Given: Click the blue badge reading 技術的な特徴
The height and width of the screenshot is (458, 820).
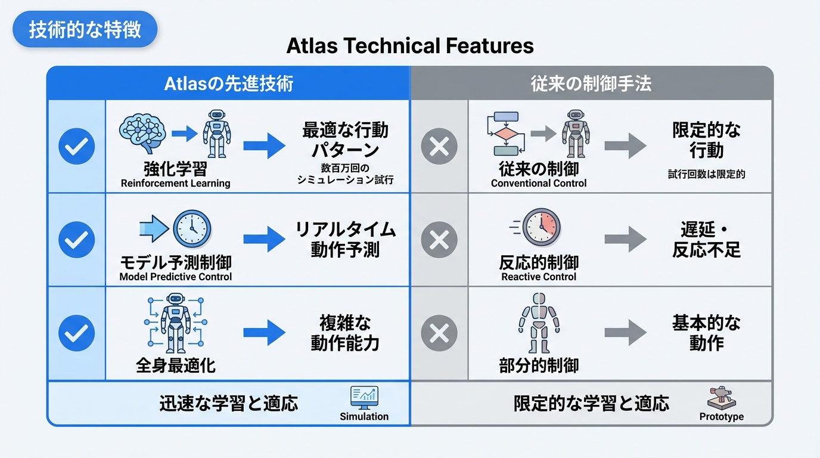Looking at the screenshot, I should tap(85, 29).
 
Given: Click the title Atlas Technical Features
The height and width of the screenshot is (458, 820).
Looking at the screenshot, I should tap(410, 46).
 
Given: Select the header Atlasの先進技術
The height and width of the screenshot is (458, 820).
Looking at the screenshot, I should tap(228, 83).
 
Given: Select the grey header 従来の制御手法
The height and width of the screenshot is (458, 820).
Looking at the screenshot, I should tap(591, 83).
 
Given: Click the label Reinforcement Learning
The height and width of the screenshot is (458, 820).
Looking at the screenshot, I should tap(175, 184).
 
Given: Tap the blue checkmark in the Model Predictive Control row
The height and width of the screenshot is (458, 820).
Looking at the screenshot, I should tap(76, 240).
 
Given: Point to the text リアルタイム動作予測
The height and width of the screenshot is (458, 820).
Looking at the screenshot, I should tap(345, 239).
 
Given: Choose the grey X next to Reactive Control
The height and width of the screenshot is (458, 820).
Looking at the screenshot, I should tap(439, 240).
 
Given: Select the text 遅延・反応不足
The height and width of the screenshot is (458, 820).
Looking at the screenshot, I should tap(706, 239).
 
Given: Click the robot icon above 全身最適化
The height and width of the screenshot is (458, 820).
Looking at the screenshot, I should tap(175, 323).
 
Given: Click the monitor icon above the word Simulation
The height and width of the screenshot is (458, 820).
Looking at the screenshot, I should tap(364, 397).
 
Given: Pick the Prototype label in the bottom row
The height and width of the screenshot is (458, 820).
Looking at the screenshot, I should tap(721, 417).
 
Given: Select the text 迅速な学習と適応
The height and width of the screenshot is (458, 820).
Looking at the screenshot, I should tap(228, 404).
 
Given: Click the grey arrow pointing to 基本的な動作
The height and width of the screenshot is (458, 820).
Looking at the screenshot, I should tap(625, 333).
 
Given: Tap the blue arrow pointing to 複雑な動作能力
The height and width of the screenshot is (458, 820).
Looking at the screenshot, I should tap(264, 333).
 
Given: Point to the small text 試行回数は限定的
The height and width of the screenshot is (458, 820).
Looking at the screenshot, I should tap(706, 175).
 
